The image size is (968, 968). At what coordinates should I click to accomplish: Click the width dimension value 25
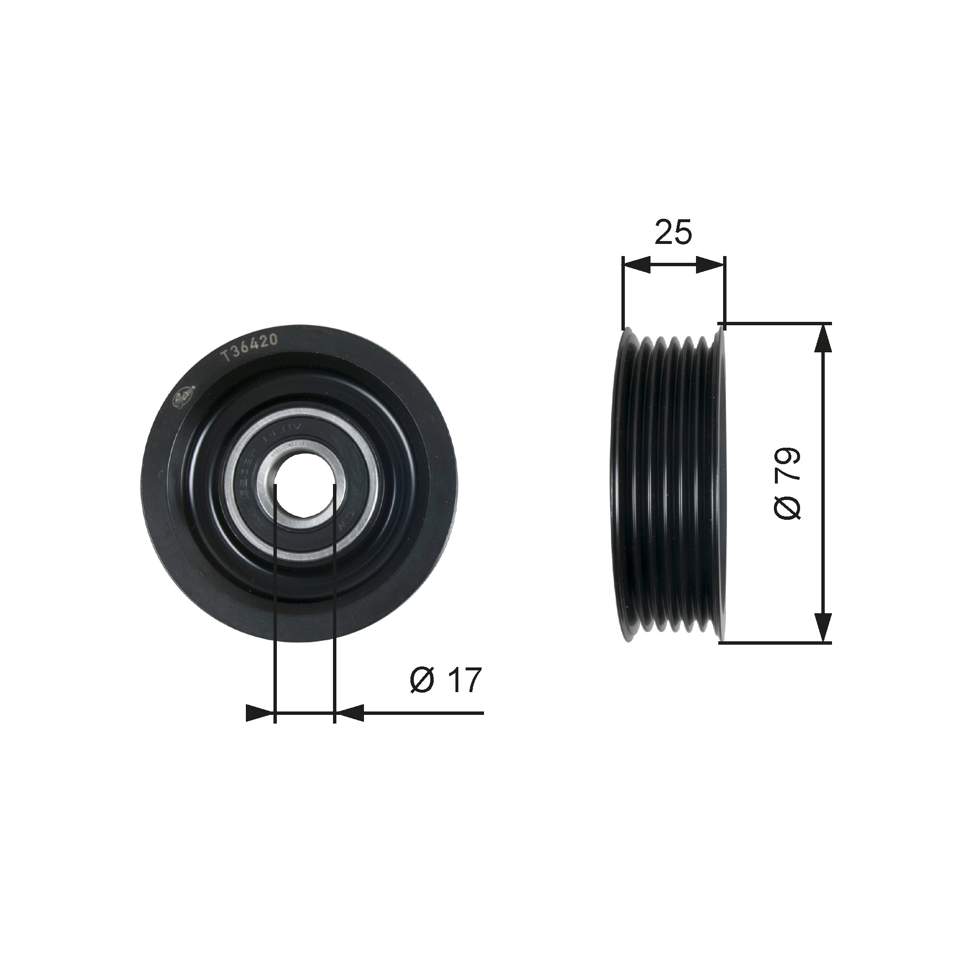click(673, 232)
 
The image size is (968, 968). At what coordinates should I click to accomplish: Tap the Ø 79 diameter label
click(787, 484)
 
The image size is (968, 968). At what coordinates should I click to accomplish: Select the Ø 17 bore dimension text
click(445, 680)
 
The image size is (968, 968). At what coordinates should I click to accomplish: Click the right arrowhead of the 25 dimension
click(710, 265)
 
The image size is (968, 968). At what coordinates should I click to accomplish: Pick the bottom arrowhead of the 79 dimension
click(823, 626)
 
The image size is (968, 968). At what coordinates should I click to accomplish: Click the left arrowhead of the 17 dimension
click(260, 712)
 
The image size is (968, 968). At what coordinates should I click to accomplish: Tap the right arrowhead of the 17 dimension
click(349, 712)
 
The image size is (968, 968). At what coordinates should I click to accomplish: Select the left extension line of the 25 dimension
click(622, 296)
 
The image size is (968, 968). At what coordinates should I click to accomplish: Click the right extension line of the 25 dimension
click(725, 296)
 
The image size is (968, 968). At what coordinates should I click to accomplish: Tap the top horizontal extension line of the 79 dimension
click(777, 323)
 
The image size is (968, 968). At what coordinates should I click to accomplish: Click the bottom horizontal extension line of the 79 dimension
click(777, 642)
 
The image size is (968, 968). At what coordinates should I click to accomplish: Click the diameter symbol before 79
click(787, 507)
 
